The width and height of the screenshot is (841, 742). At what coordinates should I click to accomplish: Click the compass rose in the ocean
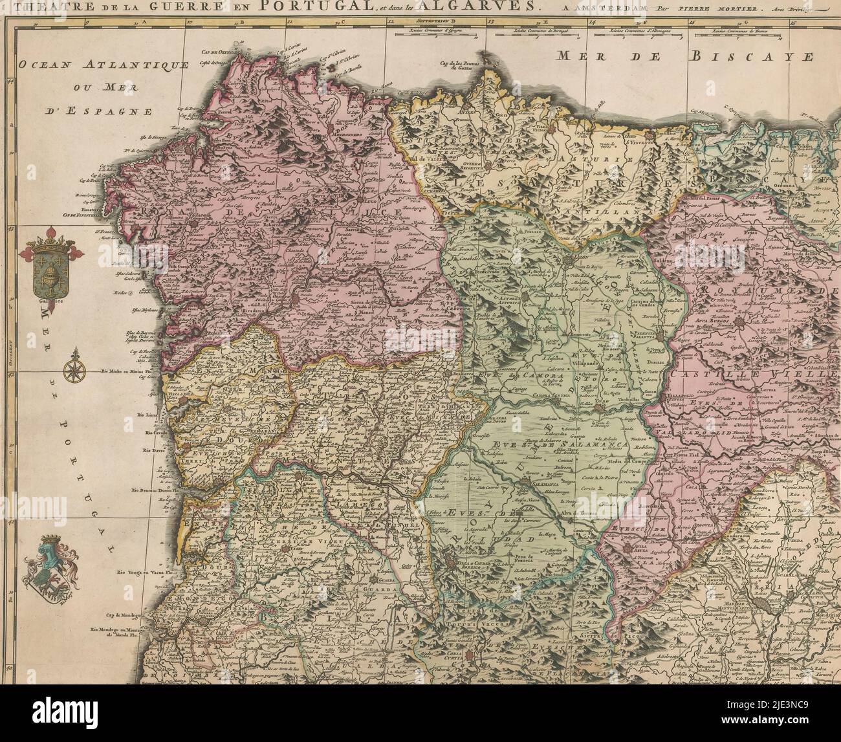pyautogui.click(x=72, y=369)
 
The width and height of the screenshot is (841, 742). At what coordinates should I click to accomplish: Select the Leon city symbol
pyautogui.click(x=568, y=261)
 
